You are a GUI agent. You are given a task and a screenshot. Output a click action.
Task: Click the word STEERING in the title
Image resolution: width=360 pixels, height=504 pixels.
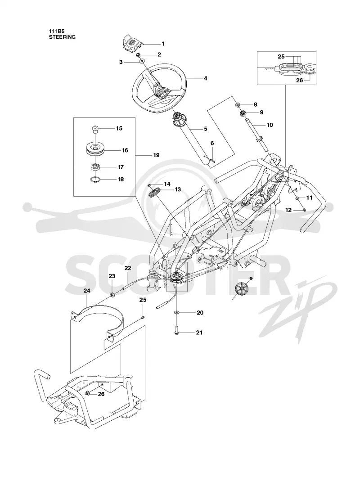pos(62,37)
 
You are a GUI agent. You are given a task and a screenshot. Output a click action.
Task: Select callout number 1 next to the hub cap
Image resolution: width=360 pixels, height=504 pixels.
pos(163,43)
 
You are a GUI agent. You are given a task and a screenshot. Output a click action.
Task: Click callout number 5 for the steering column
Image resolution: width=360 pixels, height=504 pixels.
pos(206,129)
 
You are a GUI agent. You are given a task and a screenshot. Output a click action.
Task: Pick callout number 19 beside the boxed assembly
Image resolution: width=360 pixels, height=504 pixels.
pos(156,155)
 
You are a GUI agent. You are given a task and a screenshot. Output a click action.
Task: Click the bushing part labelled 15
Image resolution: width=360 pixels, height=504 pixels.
pos(94,130)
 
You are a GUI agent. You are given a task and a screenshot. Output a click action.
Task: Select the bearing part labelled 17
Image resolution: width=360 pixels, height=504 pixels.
pos(95,167)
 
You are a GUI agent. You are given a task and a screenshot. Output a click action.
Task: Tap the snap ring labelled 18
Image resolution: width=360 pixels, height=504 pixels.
pos(95,180)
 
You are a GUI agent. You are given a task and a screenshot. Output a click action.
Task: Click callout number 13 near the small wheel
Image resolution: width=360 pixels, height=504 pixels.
pos(178,189)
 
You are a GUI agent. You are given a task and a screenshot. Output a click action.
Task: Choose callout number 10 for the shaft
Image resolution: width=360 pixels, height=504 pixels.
pos(270,125)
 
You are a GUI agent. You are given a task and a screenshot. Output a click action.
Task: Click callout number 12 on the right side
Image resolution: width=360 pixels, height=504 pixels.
pos(288,210)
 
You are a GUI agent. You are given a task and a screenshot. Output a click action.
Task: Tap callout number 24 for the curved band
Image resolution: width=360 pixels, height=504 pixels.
pos(87,291)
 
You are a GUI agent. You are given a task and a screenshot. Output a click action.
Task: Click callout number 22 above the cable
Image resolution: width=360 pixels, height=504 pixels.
pos(128,268)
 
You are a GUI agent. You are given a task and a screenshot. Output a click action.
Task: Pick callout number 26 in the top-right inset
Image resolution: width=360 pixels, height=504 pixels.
pos(299,81)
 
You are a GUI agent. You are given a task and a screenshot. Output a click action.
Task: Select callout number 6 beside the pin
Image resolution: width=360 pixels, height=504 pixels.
pos(212,143)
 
